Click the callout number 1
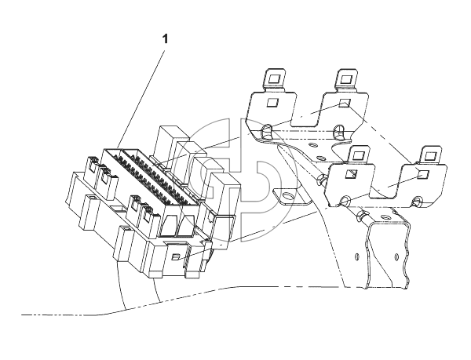(x=165, y=39)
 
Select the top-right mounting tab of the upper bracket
(x=346, y=80)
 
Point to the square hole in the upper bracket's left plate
(x=272, y=102)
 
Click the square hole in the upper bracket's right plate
(x=345, y=103)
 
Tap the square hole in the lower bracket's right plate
(x=423, y=174)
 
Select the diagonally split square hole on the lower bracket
(x=351, y=173)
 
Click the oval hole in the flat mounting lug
(x=287, y=197)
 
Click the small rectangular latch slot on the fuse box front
(x=176, y=256)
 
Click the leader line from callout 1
(x=141, y=100)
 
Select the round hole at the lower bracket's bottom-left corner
(x=345, y=201)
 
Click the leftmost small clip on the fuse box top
(x=93, y=162)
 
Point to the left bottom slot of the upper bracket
(x=266, y=132)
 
